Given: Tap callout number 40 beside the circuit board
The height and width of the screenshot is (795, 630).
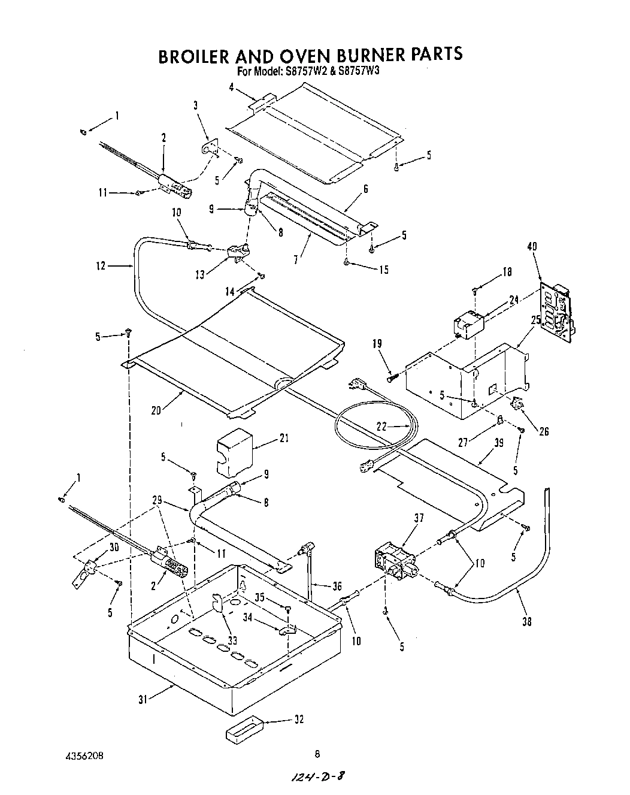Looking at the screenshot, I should pyautogui.click(x=532, y=247).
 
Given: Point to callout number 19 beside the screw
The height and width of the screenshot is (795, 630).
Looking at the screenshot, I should pyautogui.click(x=377, y=344).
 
